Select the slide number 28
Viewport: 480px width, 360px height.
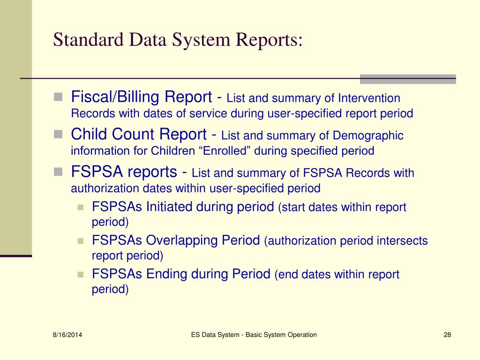coord(447,335)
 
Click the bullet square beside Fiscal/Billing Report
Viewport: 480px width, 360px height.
coord(58,97)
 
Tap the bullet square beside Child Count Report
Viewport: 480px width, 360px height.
coord(58,135)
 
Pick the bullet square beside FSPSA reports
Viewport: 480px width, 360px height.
coord(58,172)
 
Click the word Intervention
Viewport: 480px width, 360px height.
coord(370,98)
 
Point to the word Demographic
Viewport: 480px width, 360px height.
coord(368,136)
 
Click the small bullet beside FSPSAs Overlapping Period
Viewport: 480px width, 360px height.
coord(80,241)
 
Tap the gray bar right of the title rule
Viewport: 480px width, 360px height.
coord(407,79)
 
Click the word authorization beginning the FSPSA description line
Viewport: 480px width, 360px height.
coord(98,188)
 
